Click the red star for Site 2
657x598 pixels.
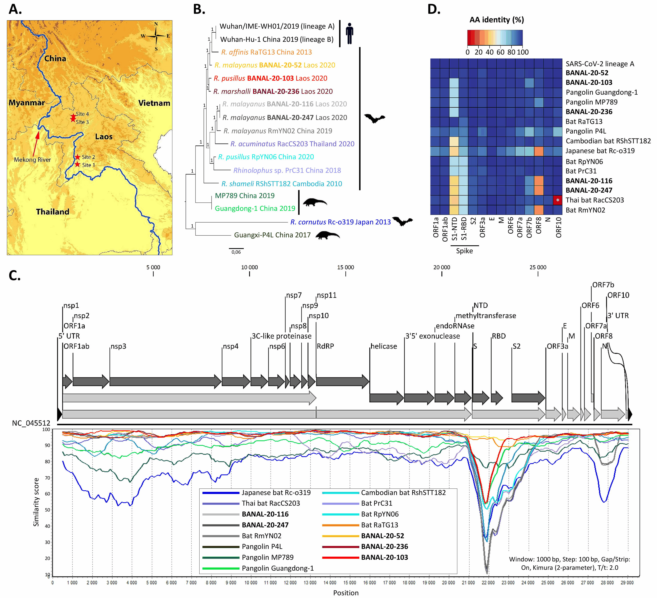click(x=78, y=157)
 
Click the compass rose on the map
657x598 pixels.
click(x=156, y=36)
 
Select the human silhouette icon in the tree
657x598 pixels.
click(x=349, y=33)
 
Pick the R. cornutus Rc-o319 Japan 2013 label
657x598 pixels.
click(x=340, y=222)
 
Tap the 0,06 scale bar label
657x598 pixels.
click(x=236, y=252)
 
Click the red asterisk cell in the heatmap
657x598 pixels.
click(x=558, y=200)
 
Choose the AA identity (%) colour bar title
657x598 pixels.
click(x=496, y=20)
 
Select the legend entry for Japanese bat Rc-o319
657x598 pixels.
click(x=276, y=492)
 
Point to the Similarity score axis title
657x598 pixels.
click(x=36, y=502)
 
